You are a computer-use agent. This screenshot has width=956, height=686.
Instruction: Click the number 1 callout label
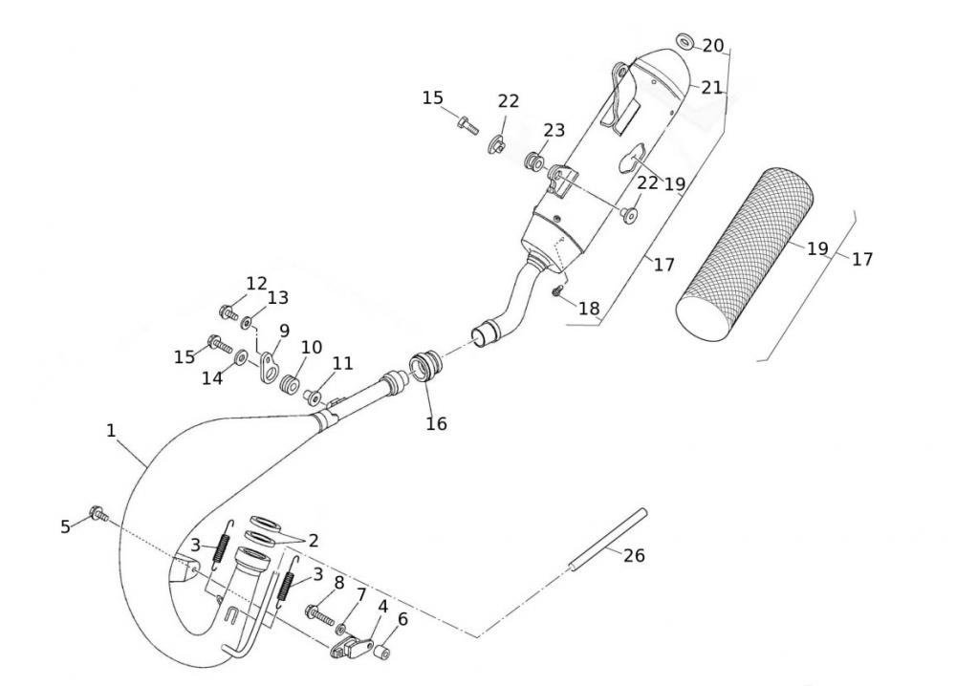(111, 431)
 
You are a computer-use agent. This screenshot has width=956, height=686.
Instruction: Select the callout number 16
(436, 422)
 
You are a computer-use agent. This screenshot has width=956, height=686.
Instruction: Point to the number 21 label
(711, 88)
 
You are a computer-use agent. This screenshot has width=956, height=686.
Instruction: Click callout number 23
(554, 131)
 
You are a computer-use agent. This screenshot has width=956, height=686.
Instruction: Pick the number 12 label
(256, 284)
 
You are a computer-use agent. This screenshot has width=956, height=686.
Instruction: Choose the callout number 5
(65, 525)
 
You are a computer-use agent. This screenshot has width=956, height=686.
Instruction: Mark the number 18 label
(589, 309)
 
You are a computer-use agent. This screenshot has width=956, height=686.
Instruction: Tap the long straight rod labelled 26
(607, 541)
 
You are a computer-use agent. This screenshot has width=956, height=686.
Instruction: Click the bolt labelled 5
(97, 515)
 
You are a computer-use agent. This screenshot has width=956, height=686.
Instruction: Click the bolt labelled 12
(228, 311)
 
